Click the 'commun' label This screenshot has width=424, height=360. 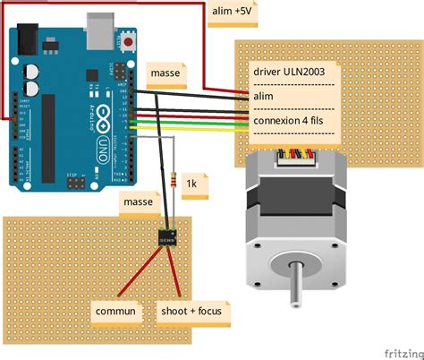tap(116, 312)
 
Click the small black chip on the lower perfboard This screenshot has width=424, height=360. tap(167, 238)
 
